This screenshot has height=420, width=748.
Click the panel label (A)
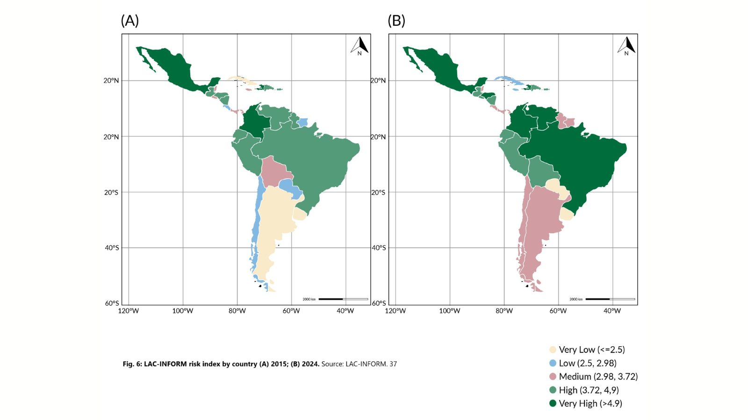129,21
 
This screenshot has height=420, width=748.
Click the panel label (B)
396,21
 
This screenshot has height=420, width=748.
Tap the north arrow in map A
360,45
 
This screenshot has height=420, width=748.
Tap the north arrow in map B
626,45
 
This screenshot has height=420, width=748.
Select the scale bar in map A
343,299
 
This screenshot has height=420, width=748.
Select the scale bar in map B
610,299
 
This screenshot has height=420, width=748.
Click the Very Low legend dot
553,350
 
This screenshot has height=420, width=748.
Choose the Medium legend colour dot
553,377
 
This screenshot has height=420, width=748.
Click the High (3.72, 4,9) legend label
589,390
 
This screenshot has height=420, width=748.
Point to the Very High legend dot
553,403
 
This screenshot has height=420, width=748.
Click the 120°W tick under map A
129,311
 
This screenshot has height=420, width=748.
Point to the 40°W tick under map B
612,311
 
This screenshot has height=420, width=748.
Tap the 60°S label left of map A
112,303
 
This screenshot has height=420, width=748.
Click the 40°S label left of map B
379,248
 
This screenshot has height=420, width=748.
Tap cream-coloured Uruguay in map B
566,214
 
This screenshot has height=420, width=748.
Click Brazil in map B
584,159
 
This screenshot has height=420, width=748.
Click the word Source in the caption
332,364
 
